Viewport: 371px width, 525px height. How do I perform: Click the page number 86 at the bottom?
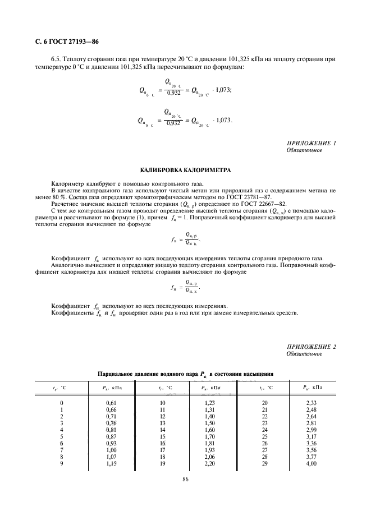click(185, 479)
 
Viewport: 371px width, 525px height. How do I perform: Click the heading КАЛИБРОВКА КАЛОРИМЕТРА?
click(185, 170)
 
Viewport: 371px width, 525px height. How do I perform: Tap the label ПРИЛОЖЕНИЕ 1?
click(311, 144)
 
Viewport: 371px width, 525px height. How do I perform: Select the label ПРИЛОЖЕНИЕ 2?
click(311, 347)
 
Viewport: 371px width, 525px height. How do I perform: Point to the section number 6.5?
click(57, 59)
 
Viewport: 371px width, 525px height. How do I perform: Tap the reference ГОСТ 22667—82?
click(240, 204)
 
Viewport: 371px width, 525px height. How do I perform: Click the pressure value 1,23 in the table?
click(209, 403)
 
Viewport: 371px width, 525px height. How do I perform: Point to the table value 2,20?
click(209, 464)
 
